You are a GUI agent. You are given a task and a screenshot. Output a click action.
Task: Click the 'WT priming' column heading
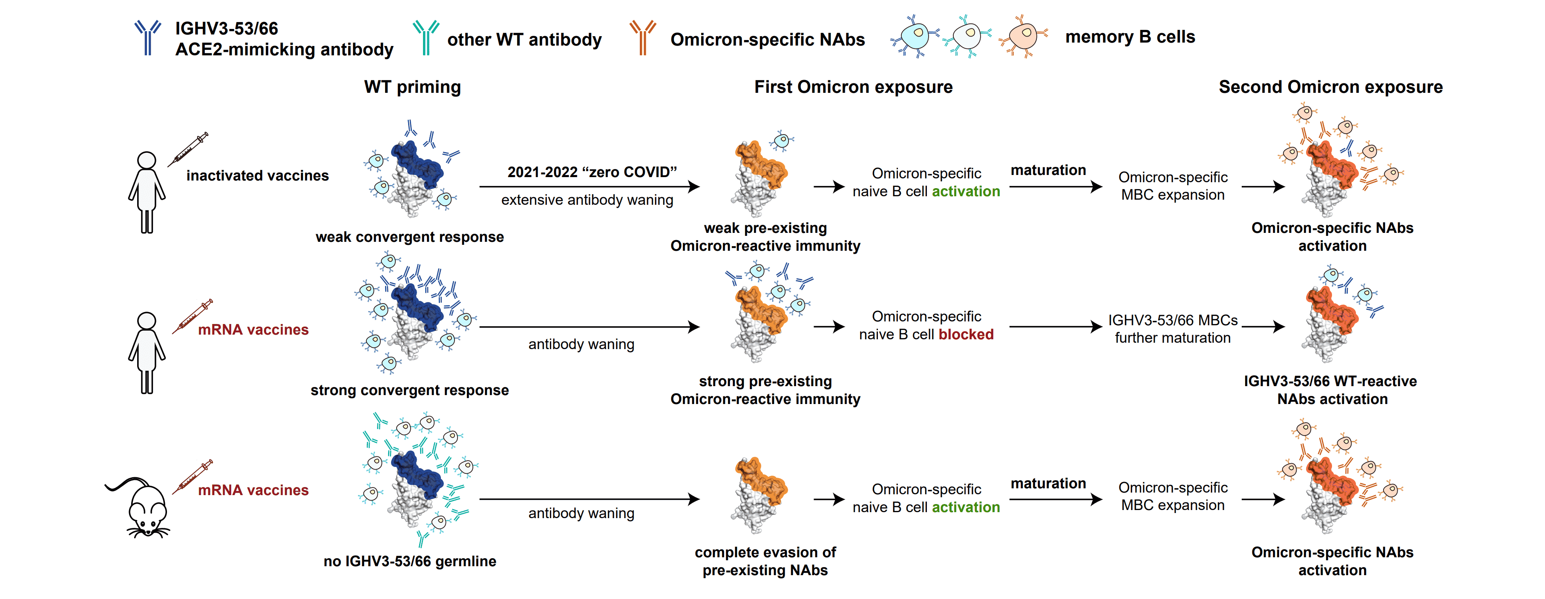(413, 87)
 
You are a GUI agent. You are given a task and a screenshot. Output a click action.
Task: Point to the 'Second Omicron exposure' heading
(1330, 87)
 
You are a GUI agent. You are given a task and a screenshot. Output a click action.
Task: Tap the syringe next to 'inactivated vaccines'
(188, 149)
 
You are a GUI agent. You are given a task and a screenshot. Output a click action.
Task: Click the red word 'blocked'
(966, 335)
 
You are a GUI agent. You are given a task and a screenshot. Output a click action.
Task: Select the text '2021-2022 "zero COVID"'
(592, 172)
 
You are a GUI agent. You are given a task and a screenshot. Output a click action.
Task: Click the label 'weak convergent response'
(410, 237)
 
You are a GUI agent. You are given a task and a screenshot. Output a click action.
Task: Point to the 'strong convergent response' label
(410, 390)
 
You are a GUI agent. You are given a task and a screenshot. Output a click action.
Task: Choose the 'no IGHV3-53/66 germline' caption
(410, 561)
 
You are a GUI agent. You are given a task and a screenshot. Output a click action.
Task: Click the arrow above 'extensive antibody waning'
(589, 186)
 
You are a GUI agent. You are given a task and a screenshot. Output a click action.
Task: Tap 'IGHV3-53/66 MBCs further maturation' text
(1173, 329)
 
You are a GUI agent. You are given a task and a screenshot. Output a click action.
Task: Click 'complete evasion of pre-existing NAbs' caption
(765, 561)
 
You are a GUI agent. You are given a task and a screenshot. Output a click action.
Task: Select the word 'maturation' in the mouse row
(1048, 483)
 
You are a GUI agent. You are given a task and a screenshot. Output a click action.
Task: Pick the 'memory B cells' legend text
(1130, 37)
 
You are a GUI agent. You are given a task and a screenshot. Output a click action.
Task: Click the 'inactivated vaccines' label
(257, 176)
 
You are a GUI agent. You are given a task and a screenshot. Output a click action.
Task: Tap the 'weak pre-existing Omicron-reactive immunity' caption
(765, 237)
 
